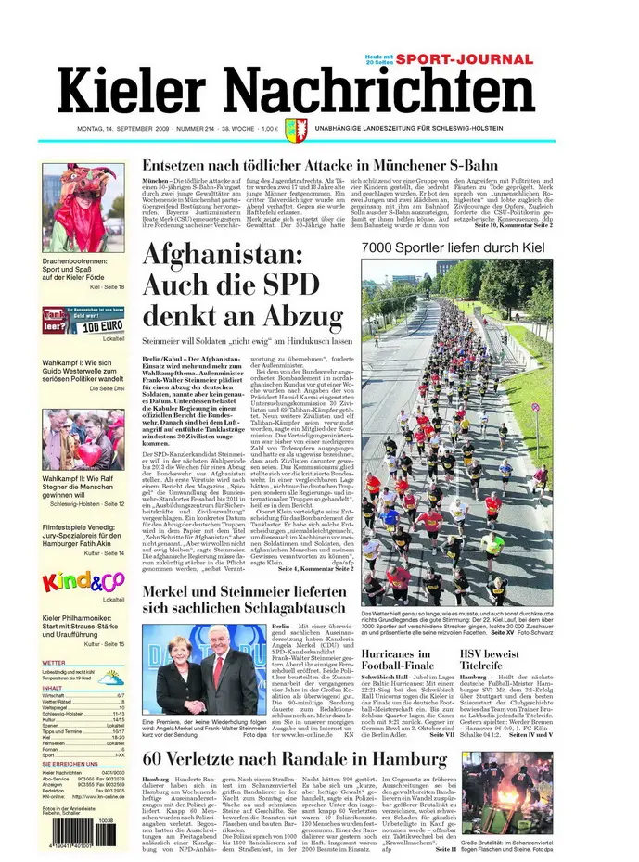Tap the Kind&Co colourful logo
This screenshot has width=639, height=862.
point(81,583)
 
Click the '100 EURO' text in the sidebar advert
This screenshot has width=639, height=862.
point(103,327)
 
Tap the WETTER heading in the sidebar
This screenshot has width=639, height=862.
point(54,663)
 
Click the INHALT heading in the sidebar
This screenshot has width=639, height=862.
point(53,688)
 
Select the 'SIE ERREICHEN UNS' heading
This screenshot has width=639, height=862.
point(70,763)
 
